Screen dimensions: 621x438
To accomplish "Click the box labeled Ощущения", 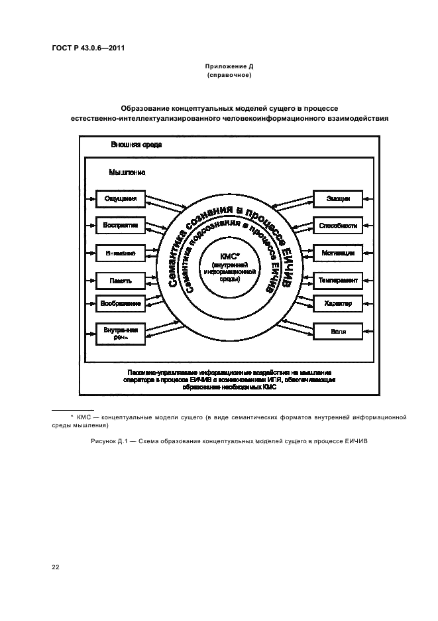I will [120, 198].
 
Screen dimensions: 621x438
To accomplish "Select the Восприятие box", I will [120, 226].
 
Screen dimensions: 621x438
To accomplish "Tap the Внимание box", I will [120, 253].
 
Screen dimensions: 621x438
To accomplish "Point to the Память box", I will [120, 281].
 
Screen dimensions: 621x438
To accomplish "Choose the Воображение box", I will [120, 304].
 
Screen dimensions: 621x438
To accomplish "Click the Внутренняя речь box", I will [120, 332].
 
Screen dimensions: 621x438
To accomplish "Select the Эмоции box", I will [338, 198].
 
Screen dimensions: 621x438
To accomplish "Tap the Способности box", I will [338, 226].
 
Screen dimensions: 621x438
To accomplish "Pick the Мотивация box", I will [338, 253].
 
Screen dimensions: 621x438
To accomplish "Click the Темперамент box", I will [338, 281].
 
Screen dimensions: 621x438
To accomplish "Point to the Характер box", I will [338, 304].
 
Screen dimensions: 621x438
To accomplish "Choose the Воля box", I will [338, 330].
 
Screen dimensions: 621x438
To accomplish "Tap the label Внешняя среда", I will [136, 144].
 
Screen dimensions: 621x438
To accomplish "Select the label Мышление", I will [127, 172].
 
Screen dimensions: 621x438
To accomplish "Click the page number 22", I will [56, 567].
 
